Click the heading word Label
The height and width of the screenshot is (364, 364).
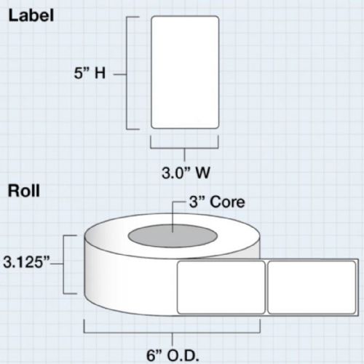click(31, 16)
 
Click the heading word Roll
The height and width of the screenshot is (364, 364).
click(24, 191)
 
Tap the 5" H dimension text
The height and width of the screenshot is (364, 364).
click(90, 73)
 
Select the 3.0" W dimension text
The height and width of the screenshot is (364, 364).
click(186, 173)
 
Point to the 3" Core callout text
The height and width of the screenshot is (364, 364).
click(217, 202)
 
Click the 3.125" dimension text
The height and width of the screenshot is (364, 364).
click(26, 263)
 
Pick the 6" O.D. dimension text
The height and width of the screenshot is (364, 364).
click(173, 356)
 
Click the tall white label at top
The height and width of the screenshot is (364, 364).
click(185, 72)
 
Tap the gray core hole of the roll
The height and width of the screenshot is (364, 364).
click(173, 236)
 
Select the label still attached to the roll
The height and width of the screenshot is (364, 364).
click(221, 288)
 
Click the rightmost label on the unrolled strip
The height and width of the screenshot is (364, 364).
click(312, 288)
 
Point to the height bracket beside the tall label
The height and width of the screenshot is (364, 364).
click(127, 74)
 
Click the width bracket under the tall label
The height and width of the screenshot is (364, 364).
click(184, 148)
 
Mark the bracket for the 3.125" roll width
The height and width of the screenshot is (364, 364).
click(63, 264)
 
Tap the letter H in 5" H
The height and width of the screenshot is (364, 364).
click(100, 73)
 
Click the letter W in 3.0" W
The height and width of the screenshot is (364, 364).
click(203, 173)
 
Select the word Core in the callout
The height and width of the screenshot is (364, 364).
click(227, 202)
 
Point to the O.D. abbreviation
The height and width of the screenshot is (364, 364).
click(183, 356)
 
